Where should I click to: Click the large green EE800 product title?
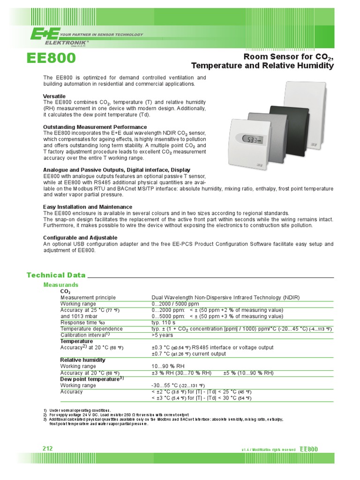tap(52, 59)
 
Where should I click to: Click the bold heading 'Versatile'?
tap(54, 96)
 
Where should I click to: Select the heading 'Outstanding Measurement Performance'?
tap(95, 127)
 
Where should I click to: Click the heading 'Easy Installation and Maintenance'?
tap(88, 207)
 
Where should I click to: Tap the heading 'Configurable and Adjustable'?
tap(80, 238)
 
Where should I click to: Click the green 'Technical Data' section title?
tap(56, 275)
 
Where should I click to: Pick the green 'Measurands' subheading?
tap(61, 285)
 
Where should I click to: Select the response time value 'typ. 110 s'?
tap(163, 322)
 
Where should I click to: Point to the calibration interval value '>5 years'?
tap(162, 335)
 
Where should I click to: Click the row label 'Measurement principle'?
tap(88, 298)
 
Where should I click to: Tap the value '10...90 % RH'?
tap(168, 366)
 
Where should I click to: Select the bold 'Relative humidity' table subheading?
tap(83, 360)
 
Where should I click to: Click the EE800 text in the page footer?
tap(309, 449)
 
